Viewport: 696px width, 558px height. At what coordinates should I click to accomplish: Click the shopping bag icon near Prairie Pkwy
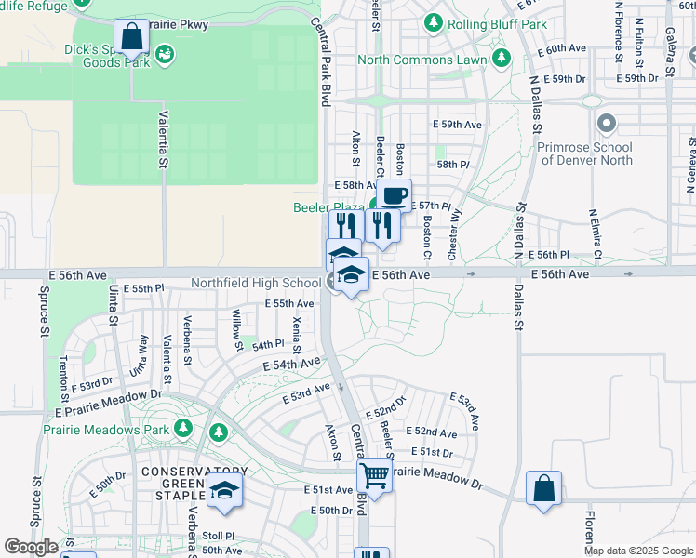132,38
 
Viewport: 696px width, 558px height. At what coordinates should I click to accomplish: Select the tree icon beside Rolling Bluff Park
433,21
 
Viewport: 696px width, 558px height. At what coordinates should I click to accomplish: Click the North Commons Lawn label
422,60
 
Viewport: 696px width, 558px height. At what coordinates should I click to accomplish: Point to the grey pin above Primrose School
608,124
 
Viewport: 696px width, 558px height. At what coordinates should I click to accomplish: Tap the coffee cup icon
394,195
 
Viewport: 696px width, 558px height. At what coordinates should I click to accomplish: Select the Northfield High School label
256,283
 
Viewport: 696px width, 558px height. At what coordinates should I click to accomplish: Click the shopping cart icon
374,474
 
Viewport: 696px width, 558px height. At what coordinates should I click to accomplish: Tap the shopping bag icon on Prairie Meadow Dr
543,488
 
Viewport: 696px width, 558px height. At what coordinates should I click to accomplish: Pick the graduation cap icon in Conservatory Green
224,490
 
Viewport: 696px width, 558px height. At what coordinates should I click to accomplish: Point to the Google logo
31,547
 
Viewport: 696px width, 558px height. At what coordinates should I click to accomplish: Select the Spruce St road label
44,317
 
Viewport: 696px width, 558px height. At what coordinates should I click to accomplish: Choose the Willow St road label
237,330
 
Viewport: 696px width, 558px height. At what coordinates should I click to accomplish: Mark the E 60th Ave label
564,48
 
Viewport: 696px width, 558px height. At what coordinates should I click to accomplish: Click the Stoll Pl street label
219,536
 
